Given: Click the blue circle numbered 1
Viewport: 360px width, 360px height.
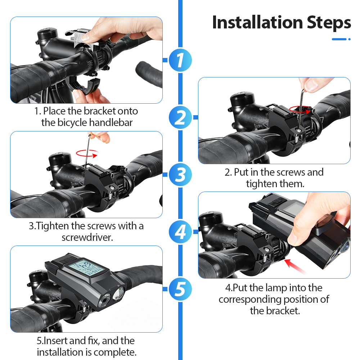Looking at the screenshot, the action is point(180,60).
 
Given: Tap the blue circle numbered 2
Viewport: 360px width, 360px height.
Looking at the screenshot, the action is point(180,117).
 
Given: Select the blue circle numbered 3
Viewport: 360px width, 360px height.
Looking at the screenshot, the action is point(180,175).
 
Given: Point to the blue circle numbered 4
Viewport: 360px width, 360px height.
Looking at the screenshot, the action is point(180,231).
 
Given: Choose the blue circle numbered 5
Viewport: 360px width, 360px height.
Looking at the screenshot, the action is point(180,289).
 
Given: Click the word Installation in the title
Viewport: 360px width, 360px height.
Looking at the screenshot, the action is point(258,22).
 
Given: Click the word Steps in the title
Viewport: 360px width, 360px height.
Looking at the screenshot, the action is point(329,23).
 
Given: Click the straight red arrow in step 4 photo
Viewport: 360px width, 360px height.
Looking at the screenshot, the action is point(295,266).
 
